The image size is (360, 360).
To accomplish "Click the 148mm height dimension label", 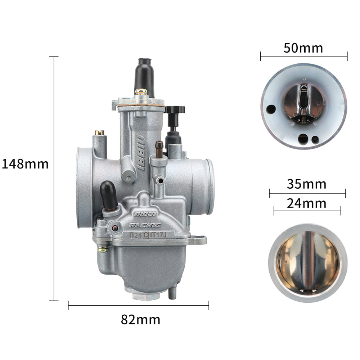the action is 25,164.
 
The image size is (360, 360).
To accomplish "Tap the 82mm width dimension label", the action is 140,320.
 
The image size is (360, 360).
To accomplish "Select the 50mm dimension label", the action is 303,48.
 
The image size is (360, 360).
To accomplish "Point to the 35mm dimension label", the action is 306,184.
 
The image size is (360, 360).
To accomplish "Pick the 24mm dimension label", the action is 306,203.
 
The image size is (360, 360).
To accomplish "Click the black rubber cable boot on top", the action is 144,77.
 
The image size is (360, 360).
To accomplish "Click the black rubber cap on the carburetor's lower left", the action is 109,195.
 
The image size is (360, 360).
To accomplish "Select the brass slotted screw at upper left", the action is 100,133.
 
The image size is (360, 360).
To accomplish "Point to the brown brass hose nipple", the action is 159,149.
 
